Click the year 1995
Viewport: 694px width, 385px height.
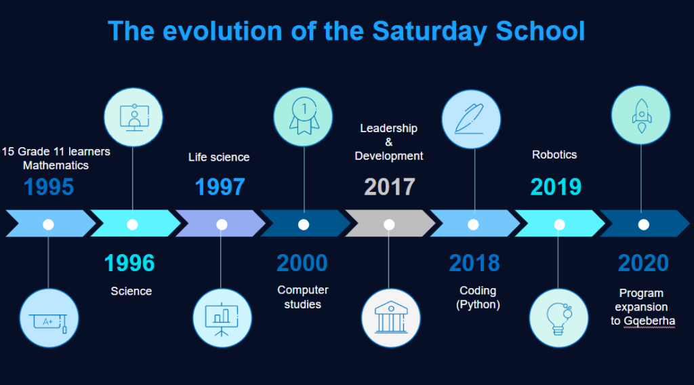click(49, 187)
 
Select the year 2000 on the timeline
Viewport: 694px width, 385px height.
click(302, 263)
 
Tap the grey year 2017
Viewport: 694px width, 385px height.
click(390, 187)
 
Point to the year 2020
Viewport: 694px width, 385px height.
click(643, 263)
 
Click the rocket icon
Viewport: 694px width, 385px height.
click(641, 115)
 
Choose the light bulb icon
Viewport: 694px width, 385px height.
click(559, 319)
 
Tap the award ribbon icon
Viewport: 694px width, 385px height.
click(304, 115)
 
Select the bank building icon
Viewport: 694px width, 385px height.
click(390, 317)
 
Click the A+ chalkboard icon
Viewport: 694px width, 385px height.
click(48, 323)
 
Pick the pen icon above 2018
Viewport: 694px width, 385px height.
click(470, 119)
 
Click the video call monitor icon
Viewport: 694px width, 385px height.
click(134, 118)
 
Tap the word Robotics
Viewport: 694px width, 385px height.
click(554, 155)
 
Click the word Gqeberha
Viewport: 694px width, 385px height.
click(649, 321)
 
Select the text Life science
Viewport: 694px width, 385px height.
click(219, 157)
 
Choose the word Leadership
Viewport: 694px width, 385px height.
click(388, 128)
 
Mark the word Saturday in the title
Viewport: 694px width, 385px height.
click(429, 31)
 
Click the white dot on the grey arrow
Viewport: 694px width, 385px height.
click(389, 224)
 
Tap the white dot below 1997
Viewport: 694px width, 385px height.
click(222, 224)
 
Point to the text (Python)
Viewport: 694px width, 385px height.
click(478, 304)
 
